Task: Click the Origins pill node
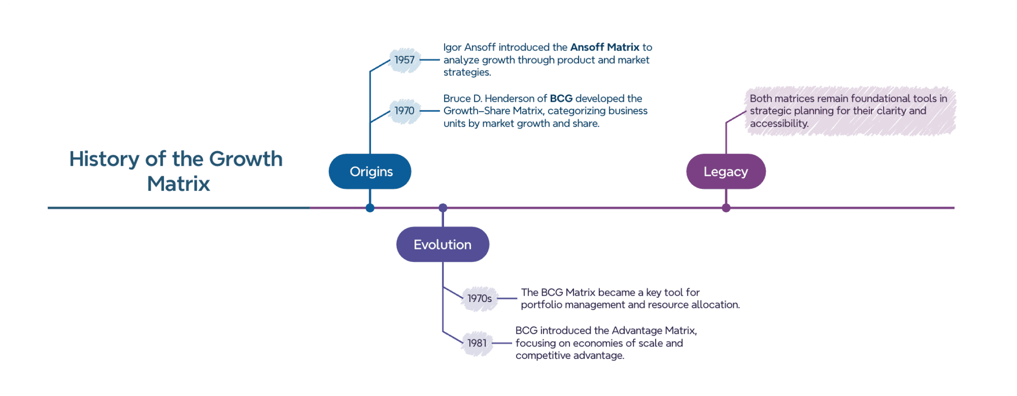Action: coord(370,172)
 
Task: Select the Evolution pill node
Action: coord(443,245)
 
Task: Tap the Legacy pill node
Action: coord(726,172)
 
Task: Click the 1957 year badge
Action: coord(404,60)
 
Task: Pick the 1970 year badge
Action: coord(404,111)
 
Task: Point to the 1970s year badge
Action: coord(479,298)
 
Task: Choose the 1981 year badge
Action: coord(477,343)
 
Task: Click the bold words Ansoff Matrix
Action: coord(604,47)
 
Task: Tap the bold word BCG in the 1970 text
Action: coord(561,99)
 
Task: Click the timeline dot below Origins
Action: coord(370,208)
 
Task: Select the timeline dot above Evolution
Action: coord(443,208)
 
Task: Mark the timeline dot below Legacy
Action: coord(726,208)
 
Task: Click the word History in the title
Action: coord(104,159)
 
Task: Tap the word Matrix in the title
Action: coord(178,184)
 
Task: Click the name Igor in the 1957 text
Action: coord(452,48)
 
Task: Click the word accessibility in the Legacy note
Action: coord(779,124)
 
